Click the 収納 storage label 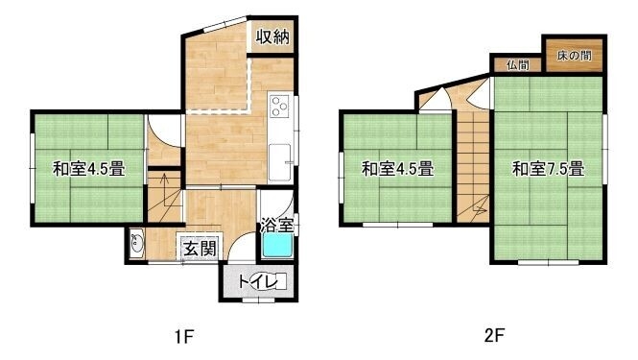pyautogui.click(x=272, y=37)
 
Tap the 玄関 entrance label pyautogui.click(x=200, y=248)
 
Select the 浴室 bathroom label pyautogui.click(x=277, y=225)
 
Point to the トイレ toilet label pyautogui.click(x=257, y=281)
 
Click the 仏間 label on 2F pyautogui.click(x=518, y=64)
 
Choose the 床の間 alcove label pyautogui.click(x=574, y=56)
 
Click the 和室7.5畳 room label pyautogui.click(x=548, y=169)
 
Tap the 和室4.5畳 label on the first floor pyautogui.click(x=88, y=169)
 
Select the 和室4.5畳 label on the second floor pyautogui.click(x=397, y=169)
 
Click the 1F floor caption pyautogui.click(x=183, y=336)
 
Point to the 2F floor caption pyautogui.click(x=494, y=336)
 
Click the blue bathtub pyautogui.click(x=277, y=246)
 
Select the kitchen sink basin pyautogui.click(x=280, y=162)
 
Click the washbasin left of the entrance pyautogui.click(x=136, y=243)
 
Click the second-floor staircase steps pyautogui.click(x=473, y=166)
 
